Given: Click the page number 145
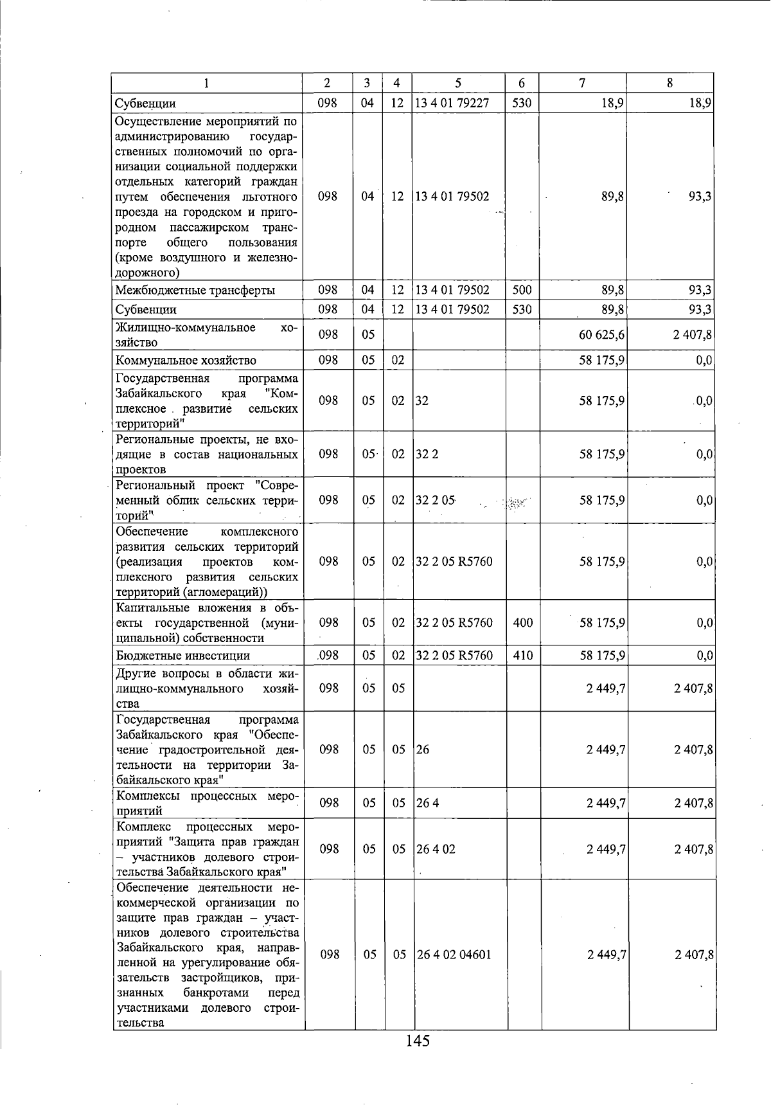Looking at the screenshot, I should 418,1041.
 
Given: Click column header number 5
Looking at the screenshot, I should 458,83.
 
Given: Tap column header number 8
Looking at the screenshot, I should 669,83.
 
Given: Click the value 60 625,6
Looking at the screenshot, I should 602,334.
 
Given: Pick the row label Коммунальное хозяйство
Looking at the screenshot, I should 186,360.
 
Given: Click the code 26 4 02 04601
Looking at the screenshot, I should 454,955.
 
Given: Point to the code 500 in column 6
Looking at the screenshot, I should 522,290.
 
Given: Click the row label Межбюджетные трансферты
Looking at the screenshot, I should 195,290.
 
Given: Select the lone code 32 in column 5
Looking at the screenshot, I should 421,400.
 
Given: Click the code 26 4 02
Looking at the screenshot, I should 436,849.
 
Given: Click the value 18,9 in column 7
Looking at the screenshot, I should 613,103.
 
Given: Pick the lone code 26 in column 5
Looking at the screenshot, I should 422,750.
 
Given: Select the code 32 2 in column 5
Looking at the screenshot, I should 427,454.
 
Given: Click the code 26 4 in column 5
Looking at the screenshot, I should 427,803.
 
